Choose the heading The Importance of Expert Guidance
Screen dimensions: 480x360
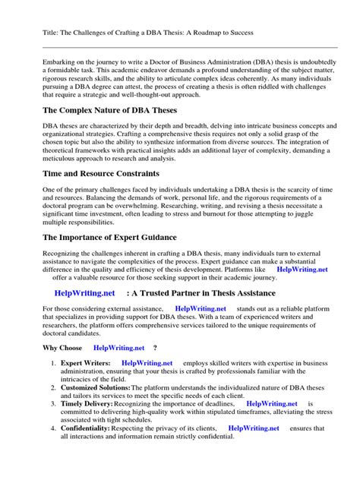click(113, 237)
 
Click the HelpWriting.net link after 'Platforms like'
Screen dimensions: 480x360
click(302, 269)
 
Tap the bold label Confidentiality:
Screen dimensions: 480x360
click(90, 428)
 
